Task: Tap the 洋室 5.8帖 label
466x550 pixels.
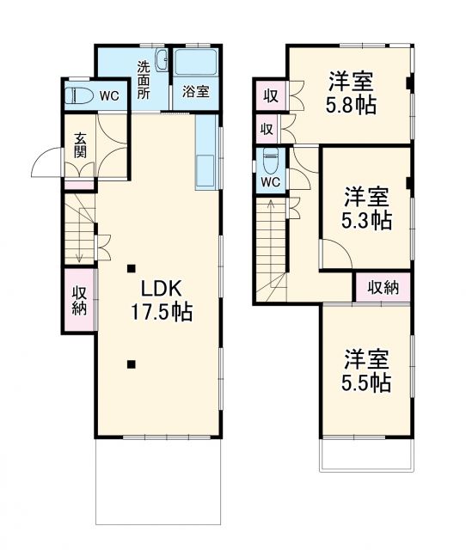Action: pyautogui.click(x=351, y=95)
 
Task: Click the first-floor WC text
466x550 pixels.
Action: pyautogui.click(x=108, y=95)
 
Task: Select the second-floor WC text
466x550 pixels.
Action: pyautogui.click(x=270, y=182)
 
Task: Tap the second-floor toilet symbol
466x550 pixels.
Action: pyautogui.click(x=270, y=161)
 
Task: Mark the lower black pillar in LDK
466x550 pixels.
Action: pyautogui.click(x=132, y=364)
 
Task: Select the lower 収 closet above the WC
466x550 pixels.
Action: pyautogui.click(x=267, y=130)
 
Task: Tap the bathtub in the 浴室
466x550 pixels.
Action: pyautogui.click(x=197, y=64)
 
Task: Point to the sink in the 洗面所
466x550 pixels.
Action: pyautogui.click(x=164, y=61)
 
